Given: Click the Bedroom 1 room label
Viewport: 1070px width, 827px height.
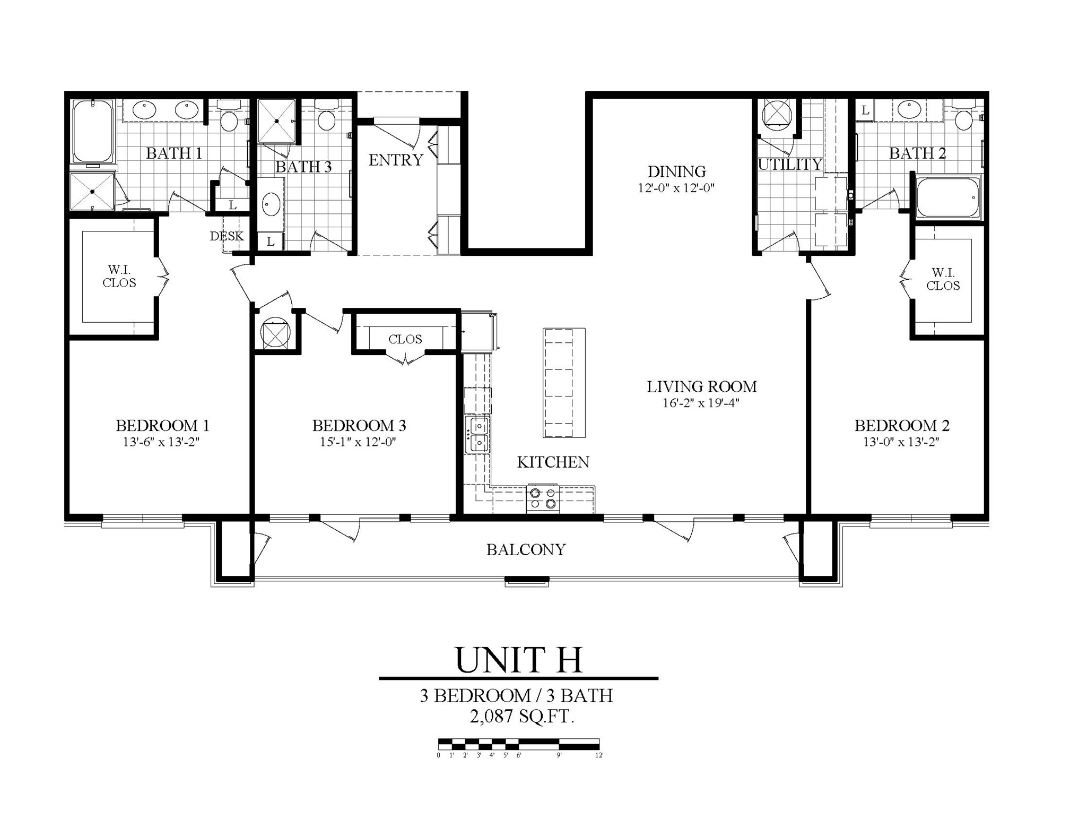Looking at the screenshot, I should coord(162,426).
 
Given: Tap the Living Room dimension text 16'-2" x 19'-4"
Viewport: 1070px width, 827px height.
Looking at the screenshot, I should coord(701,403).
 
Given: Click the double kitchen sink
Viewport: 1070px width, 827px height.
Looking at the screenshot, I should coord(477,435).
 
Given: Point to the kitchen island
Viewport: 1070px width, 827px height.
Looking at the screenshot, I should coord(563,382).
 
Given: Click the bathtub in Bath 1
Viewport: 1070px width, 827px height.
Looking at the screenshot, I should coord(93,132).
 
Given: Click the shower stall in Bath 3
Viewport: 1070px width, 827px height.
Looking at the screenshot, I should coord(276,121).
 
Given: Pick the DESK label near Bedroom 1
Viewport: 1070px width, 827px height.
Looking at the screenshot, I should coord(227,236).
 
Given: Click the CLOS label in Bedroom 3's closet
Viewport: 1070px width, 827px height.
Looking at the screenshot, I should coord(405,339).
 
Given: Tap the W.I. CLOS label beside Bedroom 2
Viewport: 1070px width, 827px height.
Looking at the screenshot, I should coord(943,279).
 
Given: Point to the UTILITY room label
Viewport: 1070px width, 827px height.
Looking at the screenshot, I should coord(789,165).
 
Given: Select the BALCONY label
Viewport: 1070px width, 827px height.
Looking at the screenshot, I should coord(526,549).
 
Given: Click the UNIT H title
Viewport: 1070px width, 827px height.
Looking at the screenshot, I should coord(518,660).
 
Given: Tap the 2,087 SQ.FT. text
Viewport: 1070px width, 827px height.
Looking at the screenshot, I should coord(521,717).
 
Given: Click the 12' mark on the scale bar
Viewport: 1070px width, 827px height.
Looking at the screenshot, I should coord(599,755).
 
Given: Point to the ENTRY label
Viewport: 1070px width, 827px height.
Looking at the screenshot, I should coord(396,160).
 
